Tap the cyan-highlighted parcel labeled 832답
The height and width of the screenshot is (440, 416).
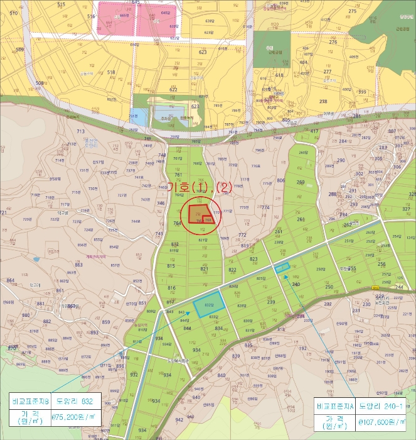[208, 305]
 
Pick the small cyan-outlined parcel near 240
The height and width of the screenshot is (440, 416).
[282, 268]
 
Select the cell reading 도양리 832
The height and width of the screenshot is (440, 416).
[75, 399]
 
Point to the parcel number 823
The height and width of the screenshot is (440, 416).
[254, 259]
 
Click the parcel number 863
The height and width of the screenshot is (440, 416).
[78, 265]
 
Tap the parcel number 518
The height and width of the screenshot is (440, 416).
[112, 72]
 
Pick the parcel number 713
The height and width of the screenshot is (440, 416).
[80, 131]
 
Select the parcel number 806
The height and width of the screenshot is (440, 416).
[280, 180]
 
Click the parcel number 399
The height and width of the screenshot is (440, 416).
[362, 92]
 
